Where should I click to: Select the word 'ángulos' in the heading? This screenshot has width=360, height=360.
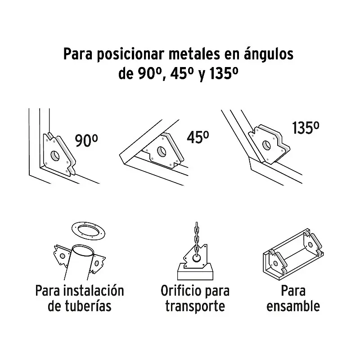(x=269, y=54)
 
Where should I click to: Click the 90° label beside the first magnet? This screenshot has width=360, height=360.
(x=86, y=140)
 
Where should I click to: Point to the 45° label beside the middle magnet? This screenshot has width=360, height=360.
(x=198, y=137)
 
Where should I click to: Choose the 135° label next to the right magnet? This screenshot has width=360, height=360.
(x=306, y=128)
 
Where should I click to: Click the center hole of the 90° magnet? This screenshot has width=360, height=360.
(x=55, y=156)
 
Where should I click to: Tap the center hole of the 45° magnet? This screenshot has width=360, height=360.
(x=162, y=151)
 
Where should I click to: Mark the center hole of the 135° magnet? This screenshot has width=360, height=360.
(x=266, y=145)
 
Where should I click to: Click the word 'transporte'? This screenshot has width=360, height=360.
(x=195, y=306)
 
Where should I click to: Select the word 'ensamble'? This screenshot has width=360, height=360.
(x=293, y=306)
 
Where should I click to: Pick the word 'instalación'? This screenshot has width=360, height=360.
(x=94, y=290)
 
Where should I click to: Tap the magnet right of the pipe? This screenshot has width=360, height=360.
(x=97, y=263)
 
